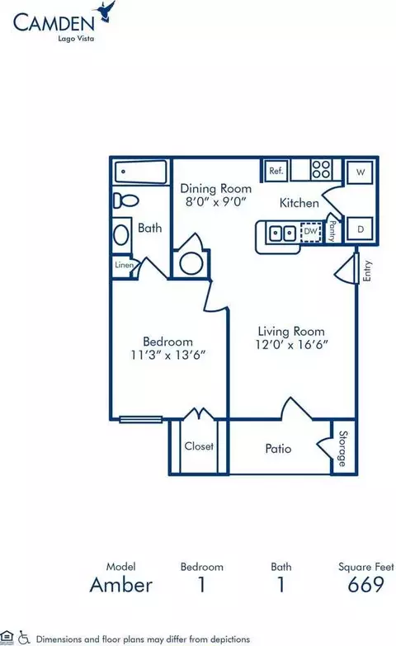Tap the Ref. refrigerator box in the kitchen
click(x=276, y=170)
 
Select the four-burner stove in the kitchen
click(x=322, y=169)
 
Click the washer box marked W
click(x=361, y=172)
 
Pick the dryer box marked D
click(x=361, y=229)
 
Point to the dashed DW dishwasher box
click(x=311, y=232)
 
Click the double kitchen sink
click(x=283, y=233)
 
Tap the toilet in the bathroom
click(x=126, y=200)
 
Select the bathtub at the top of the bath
click(x=140, y=172)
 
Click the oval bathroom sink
click(x=121, y=235)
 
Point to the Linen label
click(x=125, y=265)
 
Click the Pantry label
click(x=332, y=231)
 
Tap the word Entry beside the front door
click(x=367, y=271)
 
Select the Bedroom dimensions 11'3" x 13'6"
click(x=168, y=355)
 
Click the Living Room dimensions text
click(x=291, y=344)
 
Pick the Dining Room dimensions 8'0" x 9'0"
click(x=215, y=201)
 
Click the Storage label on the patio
click(x=343, y=449)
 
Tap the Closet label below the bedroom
click(x=199, y=446)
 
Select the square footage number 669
click(x=366, y=584)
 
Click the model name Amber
click(x=121, y=585)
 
